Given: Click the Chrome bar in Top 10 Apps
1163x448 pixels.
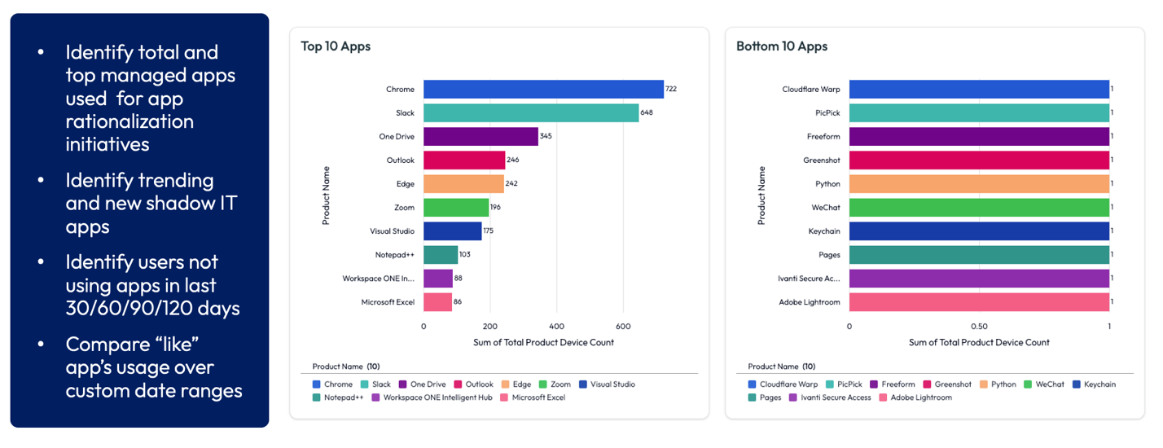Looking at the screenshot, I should (543, 90).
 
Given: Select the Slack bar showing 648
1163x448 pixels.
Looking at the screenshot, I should (531, 112).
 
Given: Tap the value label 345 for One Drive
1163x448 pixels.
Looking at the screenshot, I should (546, 136).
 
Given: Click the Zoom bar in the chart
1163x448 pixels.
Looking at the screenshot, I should (456, 208).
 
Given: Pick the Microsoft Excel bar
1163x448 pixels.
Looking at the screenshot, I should (437, 302).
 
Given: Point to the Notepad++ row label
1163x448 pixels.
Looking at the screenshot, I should (394, 255).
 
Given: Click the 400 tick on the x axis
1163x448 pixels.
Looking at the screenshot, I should (556, 326).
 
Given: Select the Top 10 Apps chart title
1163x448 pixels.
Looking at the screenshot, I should (336, 46).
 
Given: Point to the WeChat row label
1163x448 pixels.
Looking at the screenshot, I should (825, 208).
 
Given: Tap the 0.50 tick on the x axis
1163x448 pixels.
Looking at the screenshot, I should (979, 326).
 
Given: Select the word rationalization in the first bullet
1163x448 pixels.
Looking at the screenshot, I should (129, 121).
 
